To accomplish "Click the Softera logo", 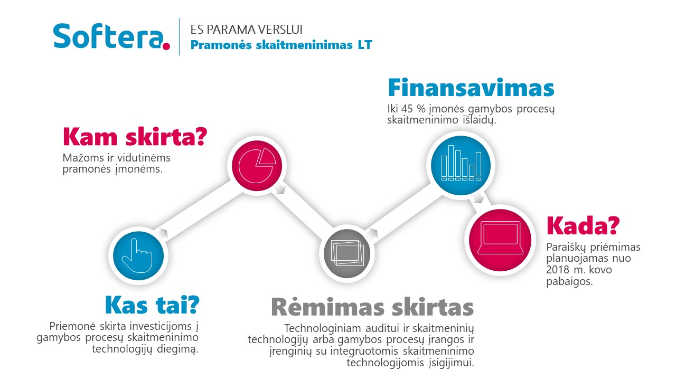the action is (x=111, y=36).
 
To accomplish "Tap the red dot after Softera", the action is (x=166, y=46).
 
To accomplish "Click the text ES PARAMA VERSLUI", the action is (x=246, y=30).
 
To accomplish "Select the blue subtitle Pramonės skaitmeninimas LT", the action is (x=281, y=45).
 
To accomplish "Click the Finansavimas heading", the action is (x=471, y=88).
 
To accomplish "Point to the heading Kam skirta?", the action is (x=135, y=137).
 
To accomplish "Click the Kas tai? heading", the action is (x=152, y=305).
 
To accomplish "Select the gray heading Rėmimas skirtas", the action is (x=372, y=307).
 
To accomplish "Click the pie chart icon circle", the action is (x=257, y=166).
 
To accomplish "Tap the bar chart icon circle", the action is (x=461, y=165).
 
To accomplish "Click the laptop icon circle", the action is (x=500, y=240).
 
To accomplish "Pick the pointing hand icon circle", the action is (x=138, y=256).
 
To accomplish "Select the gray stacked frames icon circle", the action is (x=347, y=253).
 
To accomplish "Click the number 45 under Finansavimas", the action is (x=407, y=109).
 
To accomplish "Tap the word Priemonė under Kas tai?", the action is (x=72, y=326).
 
